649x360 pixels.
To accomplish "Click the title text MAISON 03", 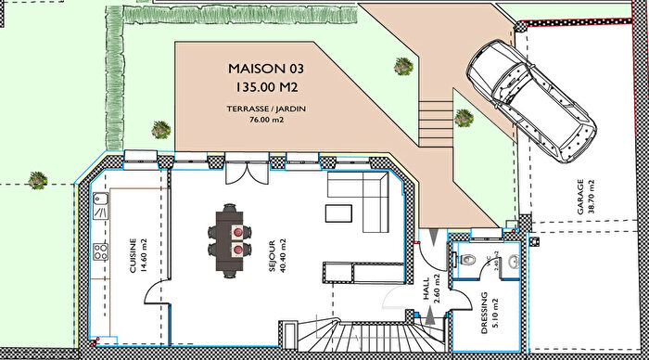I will coord(265,69).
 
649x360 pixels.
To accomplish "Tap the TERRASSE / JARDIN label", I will coord(265,109).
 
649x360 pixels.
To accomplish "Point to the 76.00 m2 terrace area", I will coord(265,120).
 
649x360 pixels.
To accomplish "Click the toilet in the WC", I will coord(468,259).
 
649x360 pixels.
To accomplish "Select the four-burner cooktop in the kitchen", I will coord(100,251).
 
